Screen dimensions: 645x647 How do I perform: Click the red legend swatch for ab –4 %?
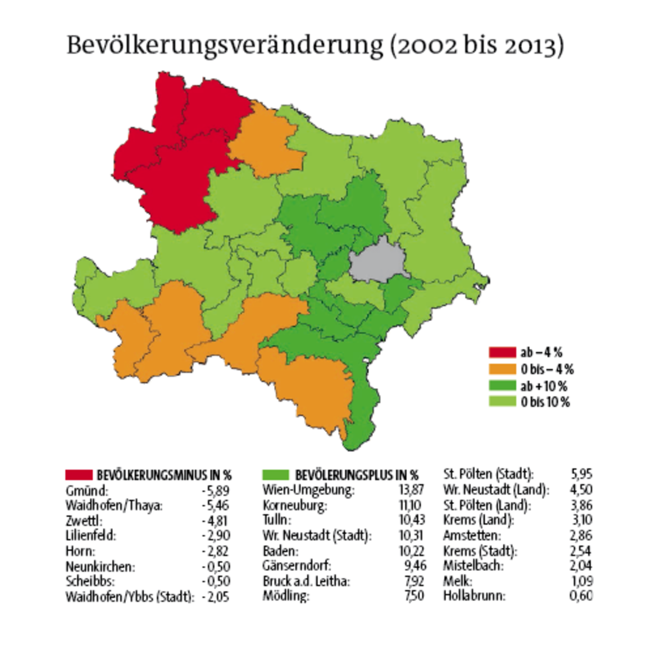click(502, 352)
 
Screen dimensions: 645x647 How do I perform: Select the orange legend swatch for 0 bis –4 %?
click(502, 369)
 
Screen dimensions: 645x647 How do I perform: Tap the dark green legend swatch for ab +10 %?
click(502, 386)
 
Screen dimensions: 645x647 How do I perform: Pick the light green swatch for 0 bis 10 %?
click(502, 401)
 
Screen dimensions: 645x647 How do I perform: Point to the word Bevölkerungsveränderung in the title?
click(225, 46)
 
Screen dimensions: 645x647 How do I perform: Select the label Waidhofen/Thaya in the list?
click(114, 505)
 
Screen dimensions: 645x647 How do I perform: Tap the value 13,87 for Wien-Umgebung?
click(411, 490)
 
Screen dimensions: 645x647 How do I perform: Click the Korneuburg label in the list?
click(295, 505)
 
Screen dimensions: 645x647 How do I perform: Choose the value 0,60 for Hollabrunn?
click(581, 596)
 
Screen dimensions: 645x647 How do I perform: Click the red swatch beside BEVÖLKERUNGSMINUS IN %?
click(79, 475)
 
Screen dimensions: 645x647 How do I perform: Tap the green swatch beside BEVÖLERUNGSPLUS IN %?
click(275, 475)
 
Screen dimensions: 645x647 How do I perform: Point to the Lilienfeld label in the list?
click(91, 535)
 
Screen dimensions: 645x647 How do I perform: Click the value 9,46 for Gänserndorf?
click(415, 566)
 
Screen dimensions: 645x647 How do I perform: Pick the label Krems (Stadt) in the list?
click(480, 551)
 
